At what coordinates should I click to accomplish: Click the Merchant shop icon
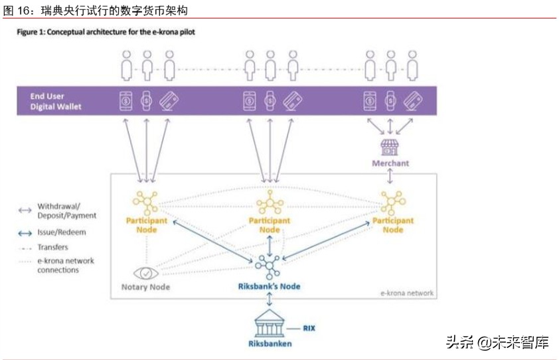click(390, 146)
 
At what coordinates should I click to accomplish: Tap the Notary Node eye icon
click(145, 273)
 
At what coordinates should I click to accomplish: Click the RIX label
click(310, 327)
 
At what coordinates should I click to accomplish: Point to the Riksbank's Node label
click(270, 286)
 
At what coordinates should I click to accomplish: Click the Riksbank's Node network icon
click(270, 266)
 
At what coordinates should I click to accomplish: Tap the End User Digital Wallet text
click(56, 102)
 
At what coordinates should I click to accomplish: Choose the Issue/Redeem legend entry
click(62, 232)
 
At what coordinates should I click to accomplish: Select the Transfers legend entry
click(52, 247)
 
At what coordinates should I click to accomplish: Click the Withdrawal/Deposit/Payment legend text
click(66, 211)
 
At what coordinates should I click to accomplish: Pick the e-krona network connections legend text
click(65, 266)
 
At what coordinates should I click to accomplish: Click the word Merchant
click(390, 163)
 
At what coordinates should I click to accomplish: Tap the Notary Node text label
click(145, 287)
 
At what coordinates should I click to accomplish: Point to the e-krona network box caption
click(407, 293)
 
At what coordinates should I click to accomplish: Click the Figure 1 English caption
click(106, 31)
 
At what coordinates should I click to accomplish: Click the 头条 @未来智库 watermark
click(497, 343)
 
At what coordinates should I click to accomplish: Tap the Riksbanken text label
click(270, 343)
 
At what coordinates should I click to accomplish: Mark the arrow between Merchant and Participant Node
click(390, 177)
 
